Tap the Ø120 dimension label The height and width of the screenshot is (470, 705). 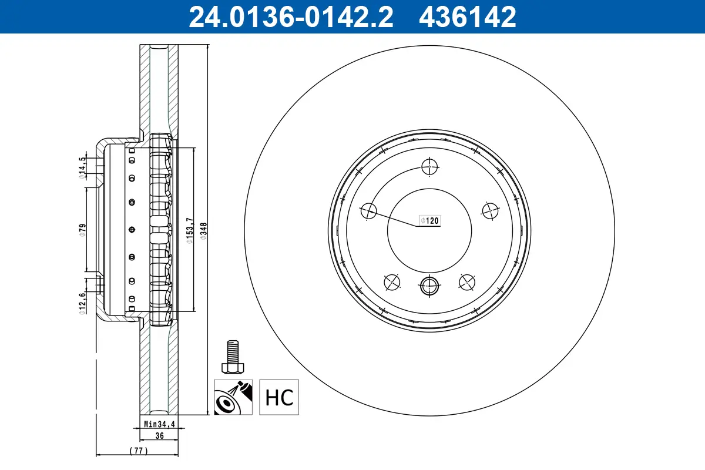pos(429,221)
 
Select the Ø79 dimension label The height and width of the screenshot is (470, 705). pos(83,230)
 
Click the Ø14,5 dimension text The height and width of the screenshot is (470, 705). pos(83,166)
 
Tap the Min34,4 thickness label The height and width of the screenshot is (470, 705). pos(159,423)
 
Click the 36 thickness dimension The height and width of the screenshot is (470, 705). pos(159,436)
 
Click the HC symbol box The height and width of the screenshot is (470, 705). pos(279,397)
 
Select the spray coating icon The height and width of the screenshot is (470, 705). pos(233,397)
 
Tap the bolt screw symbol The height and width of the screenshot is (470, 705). pos(233,356)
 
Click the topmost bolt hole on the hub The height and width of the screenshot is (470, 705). pos(430,167)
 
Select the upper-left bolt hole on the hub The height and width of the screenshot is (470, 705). pos(368,210)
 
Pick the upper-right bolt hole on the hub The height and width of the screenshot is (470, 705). pos(490,210)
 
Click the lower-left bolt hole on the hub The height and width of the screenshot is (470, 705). pos(391,283)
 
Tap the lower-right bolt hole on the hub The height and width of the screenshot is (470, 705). pos(467,283)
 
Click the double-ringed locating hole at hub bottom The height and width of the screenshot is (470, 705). pos(429,286)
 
